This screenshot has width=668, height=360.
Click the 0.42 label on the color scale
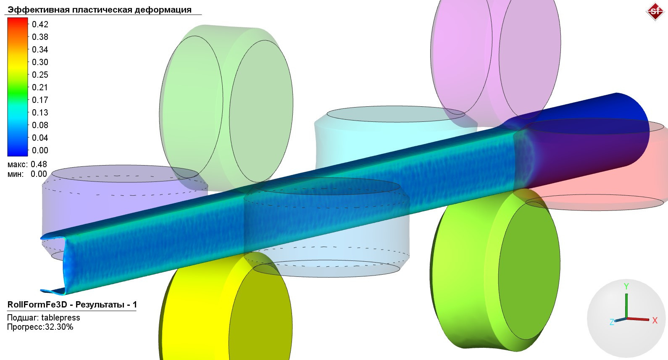40,24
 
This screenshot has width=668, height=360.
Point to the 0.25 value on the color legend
40,75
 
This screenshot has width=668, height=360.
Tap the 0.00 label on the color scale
40,150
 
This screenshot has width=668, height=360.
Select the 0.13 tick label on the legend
40,113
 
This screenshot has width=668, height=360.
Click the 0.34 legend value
40,50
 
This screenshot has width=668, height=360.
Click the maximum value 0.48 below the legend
39,164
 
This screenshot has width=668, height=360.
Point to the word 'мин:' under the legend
16,174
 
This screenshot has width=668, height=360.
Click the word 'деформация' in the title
163,10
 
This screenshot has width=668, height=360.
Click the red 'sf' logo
655,11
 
